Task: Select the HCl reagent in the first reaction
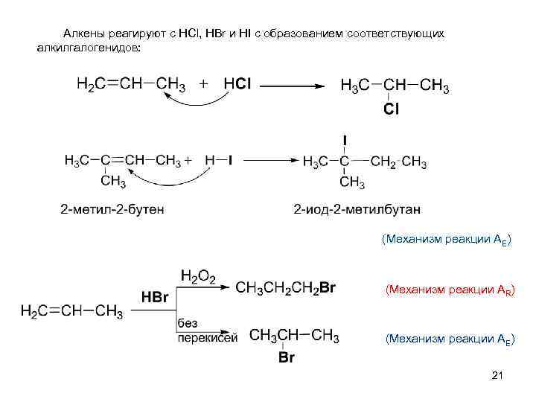[237, 83]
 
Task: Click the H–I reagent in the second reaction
[219, 160]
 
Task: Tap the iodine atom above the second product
[345, 140]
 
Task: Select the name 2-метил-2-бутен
[112, 208]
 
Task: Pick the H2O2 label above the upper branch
[197, 278]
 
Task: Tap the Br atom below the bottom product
[286, 358]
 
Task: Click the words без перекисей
[206, 331]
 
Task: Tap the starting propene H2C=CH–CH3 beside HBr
[71, 311]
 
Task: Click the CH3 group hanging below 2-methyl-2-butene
[113, 181]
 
